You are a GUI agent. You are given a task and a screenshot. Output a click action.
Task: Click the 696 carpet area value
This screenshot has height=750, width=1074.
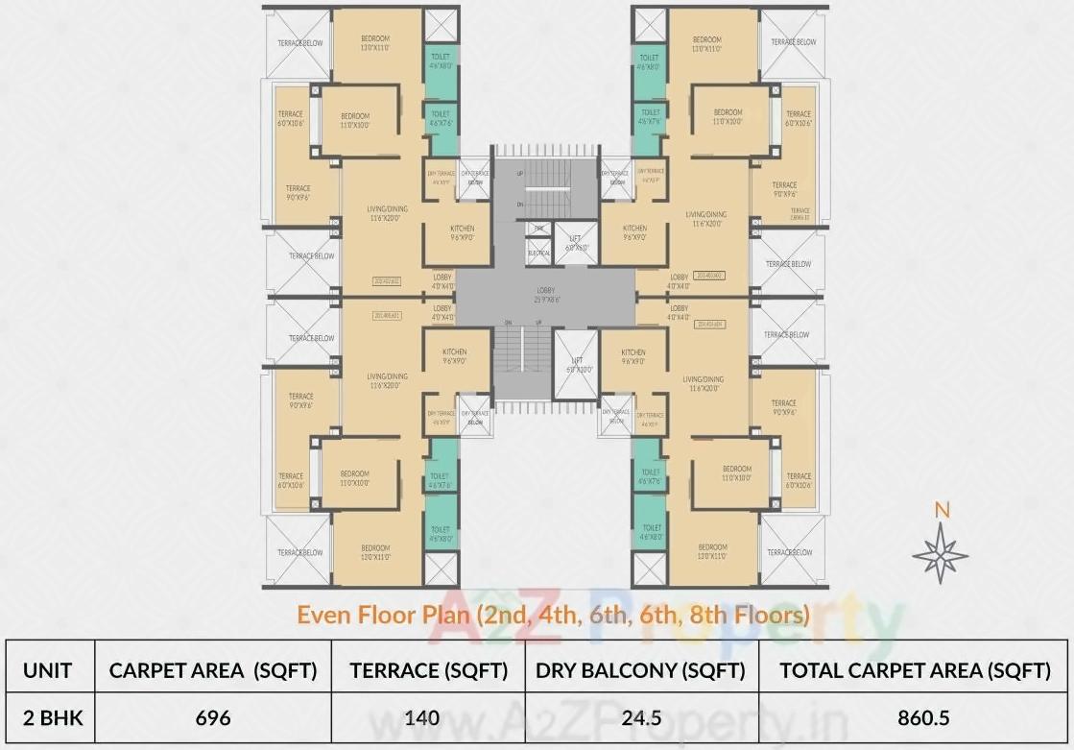pyautogui.click(x=213, y=717)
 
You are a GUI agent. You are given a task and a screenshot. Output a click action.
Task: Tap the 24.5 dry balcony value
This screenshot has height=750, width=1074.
pyautogui.click(x=641, y=717)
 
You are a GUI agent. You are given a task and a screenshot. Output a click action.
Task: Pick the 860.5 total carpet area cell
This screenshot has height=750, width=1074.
pyautogui.click(x=914, y=717)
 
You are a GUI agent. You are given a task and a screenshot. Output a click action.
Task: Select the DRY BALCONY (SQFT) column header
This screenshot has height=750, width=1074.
pyautogui.click(x=641, y=670)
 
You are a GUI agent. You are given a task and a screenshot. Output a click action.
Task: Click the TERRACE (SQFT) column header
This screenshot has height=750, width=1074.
pyautogui.click(x=428, y=670)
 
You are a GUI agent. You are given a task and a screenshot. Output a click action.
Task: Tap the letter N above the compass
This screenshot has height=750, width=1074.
pyautogui.click(x=942, y=511)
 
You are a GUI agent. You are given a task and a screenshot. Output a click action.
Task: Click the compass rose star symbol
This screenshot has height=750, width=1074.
pyautogui.click(x=941, y=553)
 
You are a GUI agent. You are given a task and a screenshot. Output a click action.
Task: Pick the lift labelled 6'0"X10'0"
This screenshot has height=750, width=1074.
pyautogui.click(x=575, y=364)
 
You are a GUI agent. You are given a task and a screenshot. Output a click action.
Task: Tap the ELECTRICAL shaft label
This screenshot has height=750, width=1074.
pyautogui.click(x=538, y=253)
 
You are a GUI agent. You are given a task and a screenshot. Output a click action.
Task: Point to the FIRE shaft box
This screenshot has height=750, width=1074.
pyautogui.click(x=538, y=230)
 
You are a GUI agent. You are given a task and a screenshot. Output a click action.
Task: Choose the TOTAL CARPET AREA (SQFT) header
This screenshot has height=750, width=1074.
pyautogui.click(x=914, y=670)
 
